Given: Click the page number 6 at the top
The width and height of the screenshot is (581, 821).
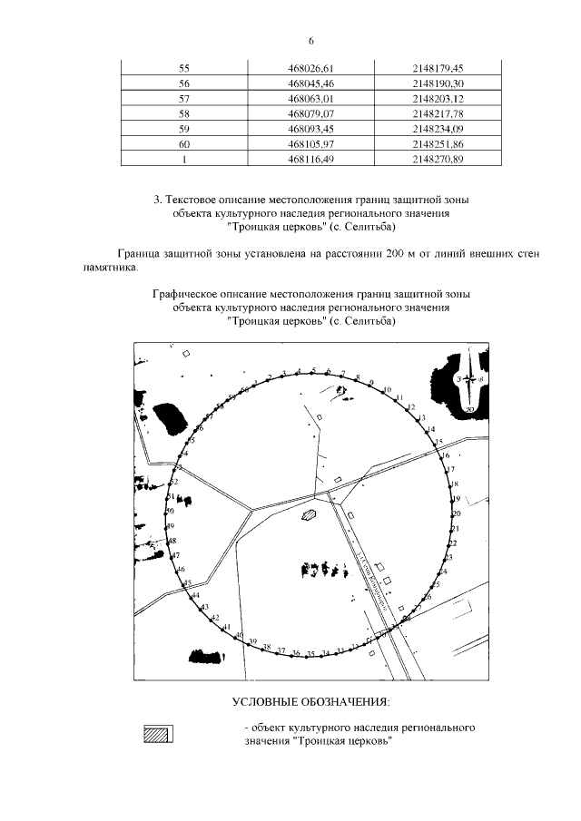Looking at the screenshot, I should pos(310,41).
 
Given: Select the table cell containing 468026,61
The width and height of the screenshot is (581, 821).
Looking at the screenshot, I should pos(310,68).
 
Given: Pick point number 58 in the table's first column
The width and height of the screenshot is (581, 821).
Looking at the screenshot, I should pos(184,113).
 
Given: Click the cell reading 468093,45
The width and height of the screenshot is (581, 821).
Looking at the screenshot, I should pos(310,129).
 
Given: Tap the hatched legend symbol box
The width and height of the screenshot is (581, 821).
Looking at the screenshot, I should pos(160,734).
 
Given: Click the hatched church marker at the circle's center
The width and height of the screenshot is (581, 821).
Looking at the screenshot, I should pos(310,514).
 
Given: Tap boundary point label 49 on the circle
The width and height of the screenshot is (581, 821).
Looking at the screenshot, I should pos(170,526).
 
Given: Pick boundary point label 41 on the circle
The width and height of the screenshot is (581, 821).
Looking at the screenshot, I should pos(227,628).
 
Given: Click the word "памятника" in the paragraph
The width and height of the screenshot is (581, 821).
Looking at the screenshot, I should pos(113,269).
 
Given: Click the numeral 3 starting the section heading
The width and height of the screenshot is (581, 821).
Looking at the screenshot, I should pos(158,199).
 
